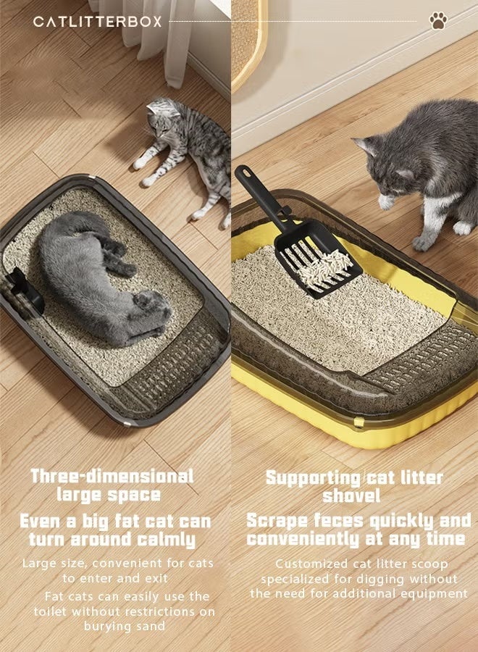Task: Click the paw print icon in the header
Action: (x=437, y=21)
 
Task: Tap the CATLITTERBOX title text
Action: (x=97, y=22)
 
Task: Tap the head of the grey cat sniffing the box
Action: (x=383, y=167)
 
